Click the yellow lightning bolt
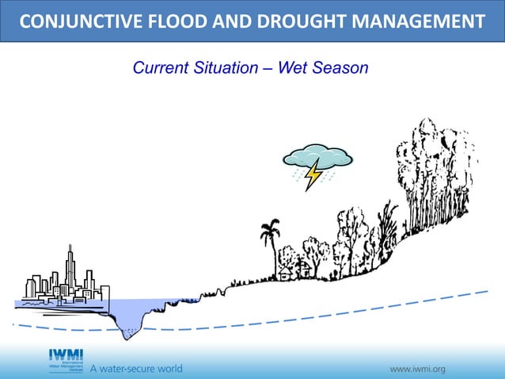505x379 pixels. point(313,174)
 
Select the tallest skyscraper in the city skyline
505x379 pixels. point(70,270)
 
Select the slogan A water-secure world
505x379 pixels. point(135,369)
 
